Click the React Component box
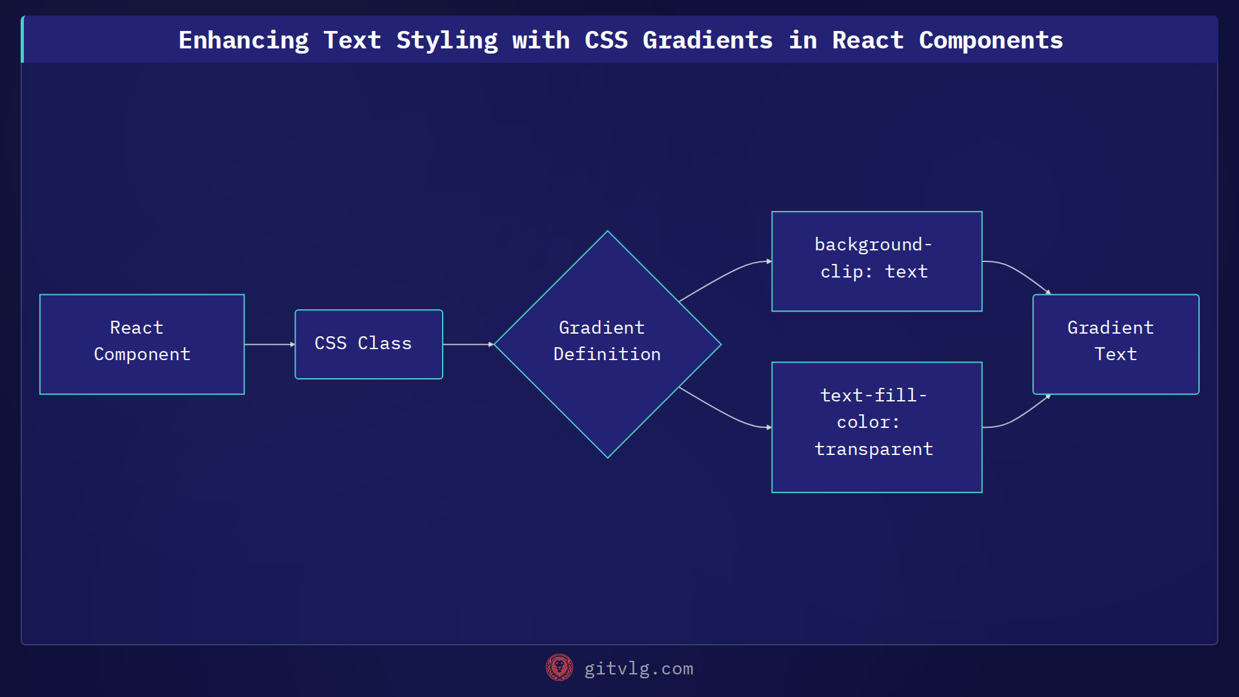(142, 344)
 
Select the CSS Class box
(368, 344)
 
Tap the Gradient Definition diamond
(607, 344)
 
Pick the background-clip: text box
(876, 261)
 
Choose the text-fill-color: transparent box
(876, 427)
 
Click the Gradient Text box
(1115, 344)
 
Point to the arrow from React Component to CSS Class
(269, 345)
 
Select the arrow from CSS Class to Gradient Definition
(468, 345)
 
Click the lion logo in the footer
(559, 668)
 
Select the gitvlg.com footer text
(638, 669)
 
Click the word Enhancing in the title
(243, 41)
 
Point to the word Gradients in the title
(707, 41)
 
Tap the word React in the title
(867, 41)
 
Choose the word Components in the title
(991, 41)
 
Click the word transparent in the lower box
(874, 449)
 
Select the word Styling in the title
(447, 41)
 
